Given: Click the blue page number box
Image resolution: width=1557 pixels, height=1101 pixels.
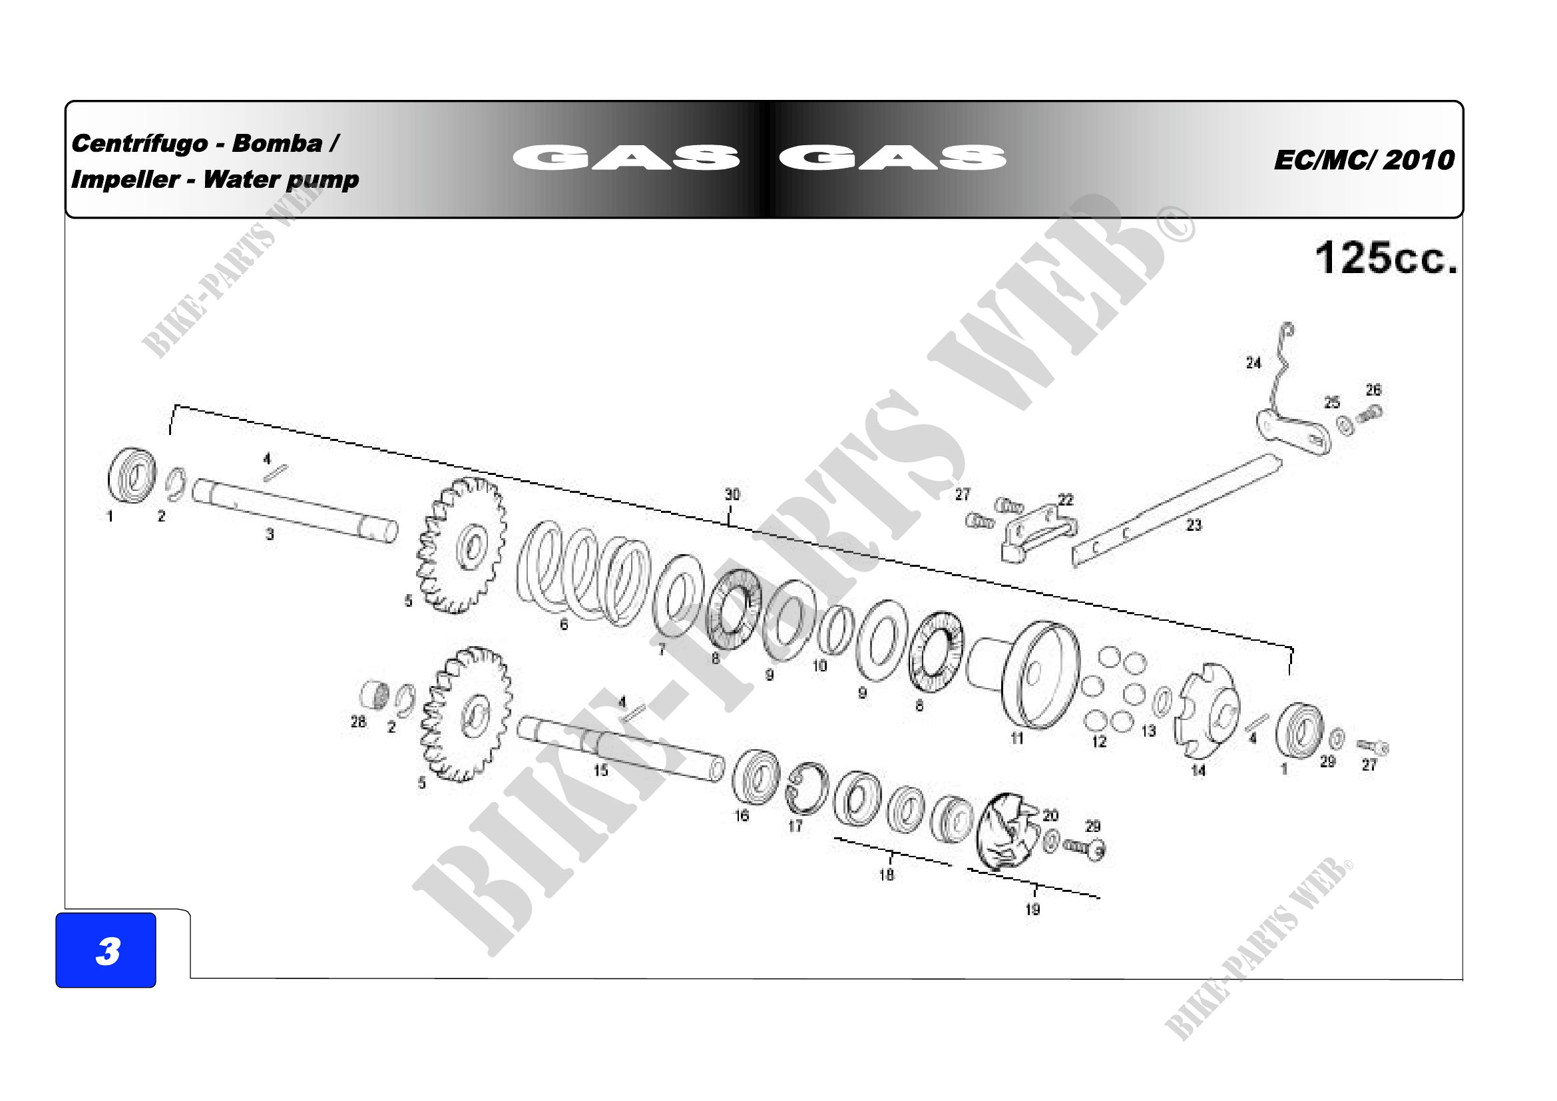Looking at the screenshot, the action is point(106,950).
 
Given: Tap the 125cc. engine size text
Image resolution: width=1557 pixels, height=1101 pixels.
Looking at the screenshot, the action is point(1386,258).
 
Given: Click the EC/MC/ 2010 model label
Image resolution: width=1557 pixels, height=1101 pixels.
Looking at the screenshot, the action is point(1365,160).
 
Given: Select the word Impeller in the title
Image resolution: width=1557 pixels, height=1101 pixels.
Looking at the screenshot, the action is point(125,179).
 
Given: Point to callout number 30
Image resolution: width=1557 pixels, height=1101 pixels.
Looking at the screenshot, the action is point(732,494).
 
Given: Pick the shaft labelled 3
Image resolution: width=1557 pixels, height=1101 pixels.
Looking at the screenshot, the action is point(294,510).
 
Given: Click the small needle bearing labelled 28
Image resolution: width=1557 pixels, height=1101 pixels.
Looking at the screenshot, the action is point(374,695).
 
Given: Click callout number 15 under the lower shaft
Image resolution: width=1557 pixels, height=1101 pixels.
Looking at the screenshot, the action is point(601,771).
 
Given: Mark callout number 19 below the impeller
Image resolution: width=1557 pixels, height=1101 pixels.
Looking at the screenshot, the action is point(1033,909).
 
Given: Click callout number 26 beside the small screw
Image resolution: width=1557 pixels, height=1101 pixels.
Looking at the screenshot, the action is point(1373,390).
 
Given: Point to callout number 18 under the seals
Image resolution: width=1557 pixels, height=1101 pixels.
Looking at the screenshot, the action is point(886,875).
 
